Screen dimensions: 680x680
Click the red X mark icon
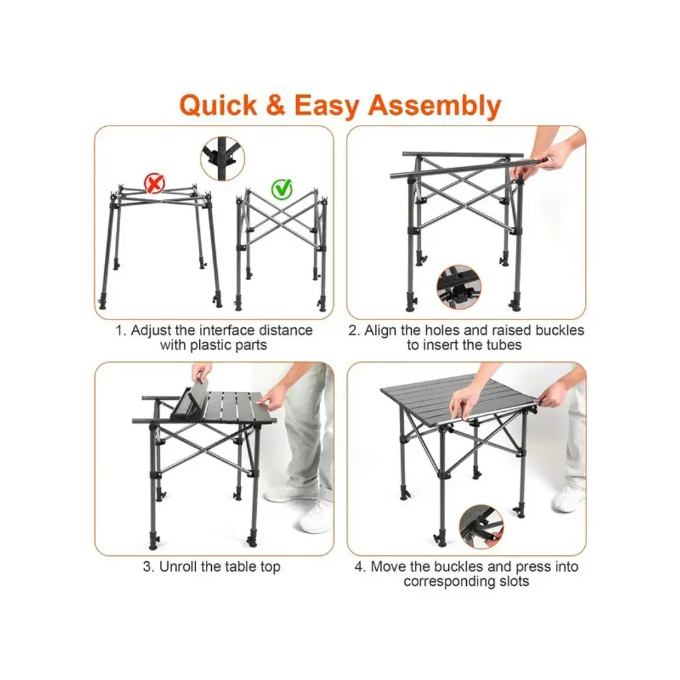pyautogui.click(x=154, y=183)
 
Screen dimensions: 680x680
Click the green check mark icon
pyautogui.click(x=282, y=189)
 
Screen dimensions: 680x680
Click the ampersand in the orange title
pyautogui.click(x=276, y=106)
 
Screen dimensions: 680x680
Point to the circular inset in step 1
pyautogui.click(x=222, y=159)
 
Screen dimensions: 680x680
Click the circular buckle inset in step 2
pyautogui.click(x=459, y=287)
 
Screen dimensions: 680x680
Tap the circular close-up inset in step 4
pyautogui.click(x=481, y=527)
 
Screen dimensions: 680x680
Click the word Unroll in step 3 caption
pyautogui.click(x=178, y=566)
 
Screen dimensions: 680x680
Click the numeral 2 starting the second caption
pyautogui.click(x=353, y=331)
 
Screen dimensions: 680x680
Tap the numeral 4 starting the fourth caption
pyautogui.click(x=359, y=567)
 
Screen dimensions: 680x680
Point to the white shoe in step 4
pyautogui.click(x=569, y=497)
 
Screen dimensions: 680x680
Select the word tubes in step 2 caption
pyautogui.click(x=503, y=345)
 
